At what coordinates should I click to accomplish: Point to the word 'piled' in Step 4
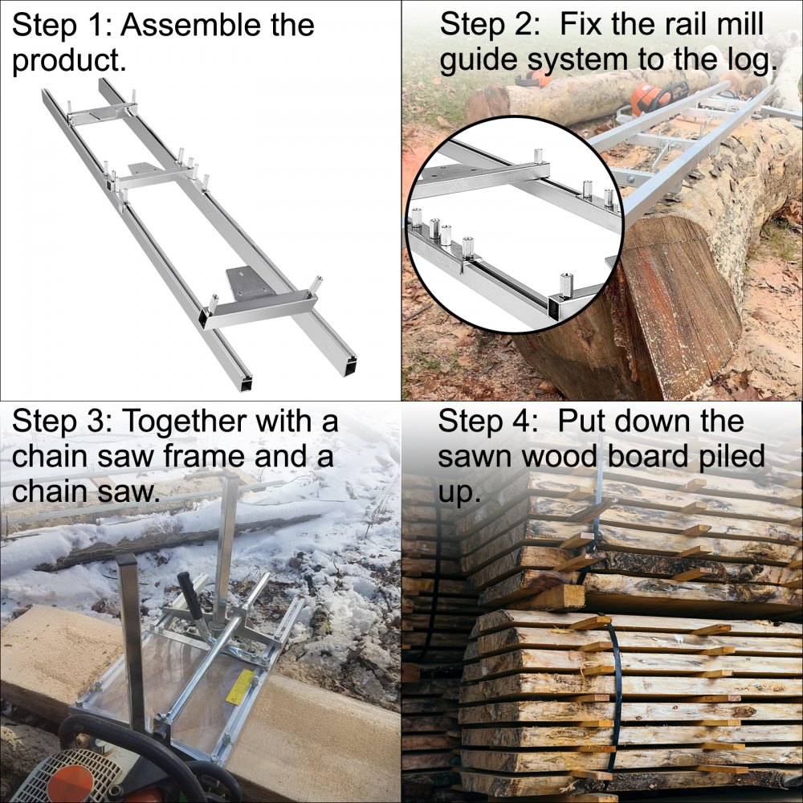[717, 457]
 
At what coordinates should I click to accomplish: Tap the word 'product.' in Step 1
[69, 62]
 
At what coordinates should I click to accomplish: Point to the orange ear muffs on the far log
[534, 79]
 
